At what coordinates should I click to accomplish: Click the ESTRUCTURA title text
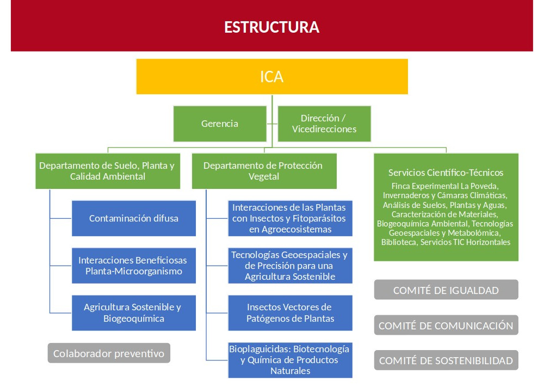pos(271,27)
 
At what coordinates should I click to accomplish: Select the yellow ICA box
pos(272,76)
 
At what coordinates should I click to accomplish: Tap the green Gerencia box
pos(220,124)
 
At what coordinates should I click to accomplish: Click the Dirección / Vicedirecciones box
pos(324,124)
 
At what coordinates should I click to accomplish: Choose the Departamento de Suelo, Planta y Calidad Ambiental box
pos(108,171)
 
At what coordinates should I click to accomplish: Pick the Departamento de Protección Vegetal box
pos(264,171)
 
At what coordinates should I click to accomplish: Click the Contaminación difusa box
pos(134,218)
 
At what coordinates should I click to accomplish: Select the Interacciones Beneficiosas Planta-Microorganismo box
pos(134,266)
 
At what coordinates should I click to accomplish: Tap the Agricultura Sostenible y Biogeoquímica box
pos(134,313)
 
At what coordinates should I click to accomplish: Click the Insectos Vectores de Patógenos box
pos(290,313)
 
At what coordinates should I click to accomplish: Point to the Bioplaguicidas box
pos(290,360)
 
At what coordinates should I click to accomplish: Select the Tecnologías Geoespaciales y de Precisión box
pos(290,266)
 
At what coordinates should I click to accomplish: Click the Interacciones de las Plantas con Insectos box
pos(290,218)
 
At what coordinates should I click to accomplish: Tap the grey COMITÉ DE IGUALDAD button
pos(446,290)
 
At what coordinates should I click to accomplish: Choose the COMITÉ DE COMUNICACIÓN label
pos(446,326)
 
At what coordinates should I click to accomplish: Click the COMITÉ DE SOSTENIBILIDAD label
pos(446,361)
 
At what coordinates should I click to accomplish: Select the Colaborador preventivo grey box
pos(109,353)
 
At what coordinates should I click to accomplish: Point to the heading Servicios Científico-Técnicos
pos(446,173)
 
